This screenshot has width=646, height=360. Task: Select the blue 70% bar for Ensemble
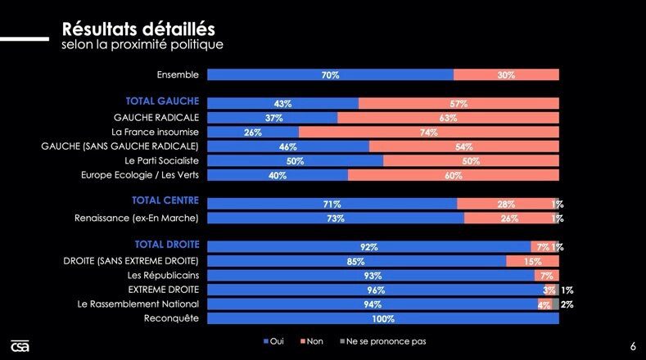(330, 74)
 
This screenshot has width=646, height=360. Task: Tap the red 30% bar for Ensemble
(506, 74)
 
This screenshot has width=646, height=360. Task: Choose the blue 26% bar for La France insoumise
(253, 132)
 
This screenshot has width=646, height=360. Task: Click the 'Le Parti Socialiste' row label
(156, 161)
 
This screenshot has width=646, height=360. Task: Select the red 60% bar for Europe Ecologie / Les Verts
(453, 175)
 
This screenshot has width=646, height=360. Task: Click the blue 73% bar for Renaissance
(336, 218)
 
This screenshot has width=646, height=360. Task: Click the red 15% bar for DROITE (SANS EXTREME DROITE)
(532, 261)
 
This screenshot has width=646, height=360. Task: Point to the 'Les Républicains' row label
(160, 275)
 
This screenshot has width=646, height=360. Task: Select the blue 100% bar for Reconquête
(382, 318)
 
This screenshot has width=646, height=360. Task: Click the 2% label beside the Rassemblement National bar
(567, 304)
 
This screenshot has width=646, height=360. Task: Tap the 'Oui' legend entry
(273, 341)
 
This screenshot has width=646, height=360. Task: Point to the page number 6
(633, 345)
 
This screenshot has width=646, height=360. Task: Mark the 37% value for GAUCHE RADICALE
(273, 118)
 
